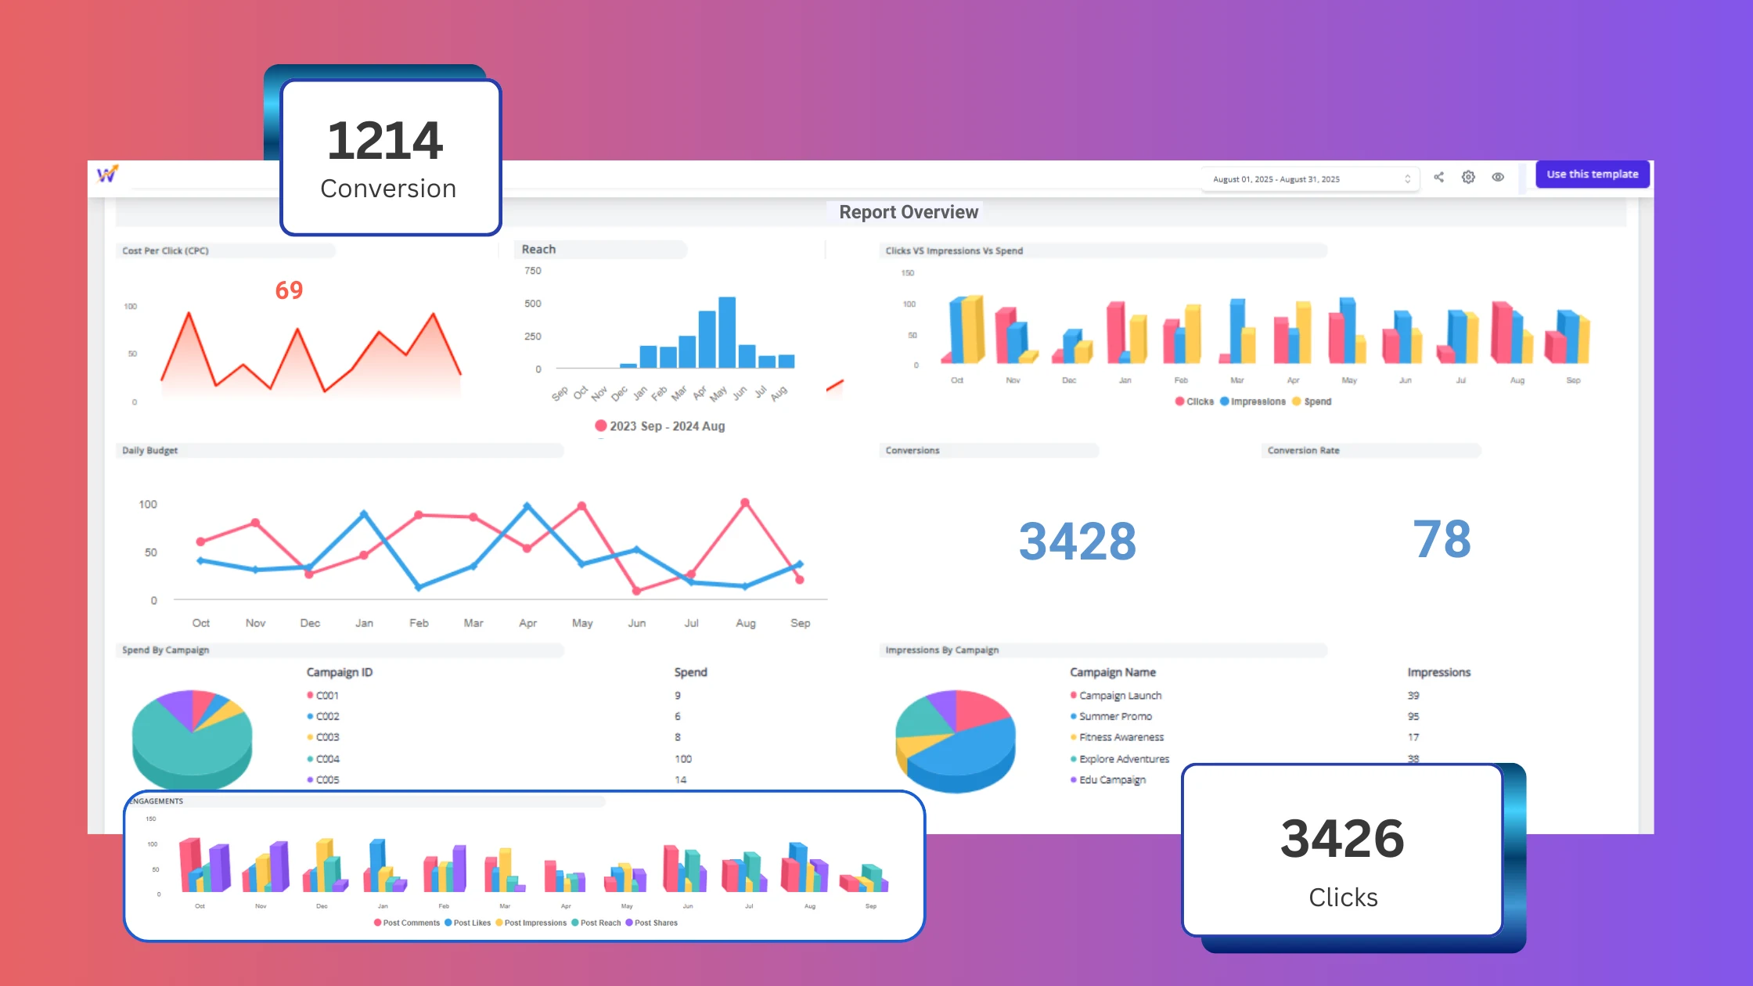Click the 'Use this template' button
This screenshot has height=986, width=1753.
click(1592, 175)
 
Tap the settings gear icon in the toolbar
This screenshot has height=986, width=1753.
click(1468, 178)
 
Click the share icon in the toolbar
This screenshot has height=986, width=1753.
click(1438, 178)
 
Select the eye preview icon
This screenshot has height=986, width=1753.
click(1498, 178)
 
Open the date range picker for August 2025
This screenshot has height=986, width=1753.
click(1311, 179)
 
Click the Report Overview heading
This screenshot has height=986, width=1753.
click(909, 212)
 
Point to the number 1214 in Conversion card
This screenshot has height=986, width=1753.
click(385, 141)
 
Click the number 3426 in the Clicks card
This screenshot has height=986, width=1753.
click(1342, 838)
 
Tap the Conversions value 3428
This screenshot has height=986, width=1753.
click(1077, 541)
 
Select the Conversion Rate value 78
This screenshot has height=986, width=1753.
click(1442, 539)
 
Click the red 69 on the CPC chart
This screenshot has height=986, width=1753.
click(289, 290)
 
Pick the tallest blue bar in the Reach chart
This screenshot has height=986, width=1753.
click(727, 332)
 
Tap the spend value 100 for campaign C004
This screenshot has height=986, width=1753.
click(683, 759)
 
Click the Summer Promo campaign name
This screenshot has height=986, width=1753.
click(1115, 716)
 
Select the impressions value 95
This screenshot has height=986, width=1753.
click(1413, 716)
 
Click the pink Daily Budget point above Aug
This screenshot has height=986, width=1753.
click(745, 502)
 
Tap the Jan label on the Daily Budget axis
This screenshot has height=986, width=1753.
click(364, 623)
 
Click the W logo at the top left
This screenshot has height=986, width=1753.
click(107, 175)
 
